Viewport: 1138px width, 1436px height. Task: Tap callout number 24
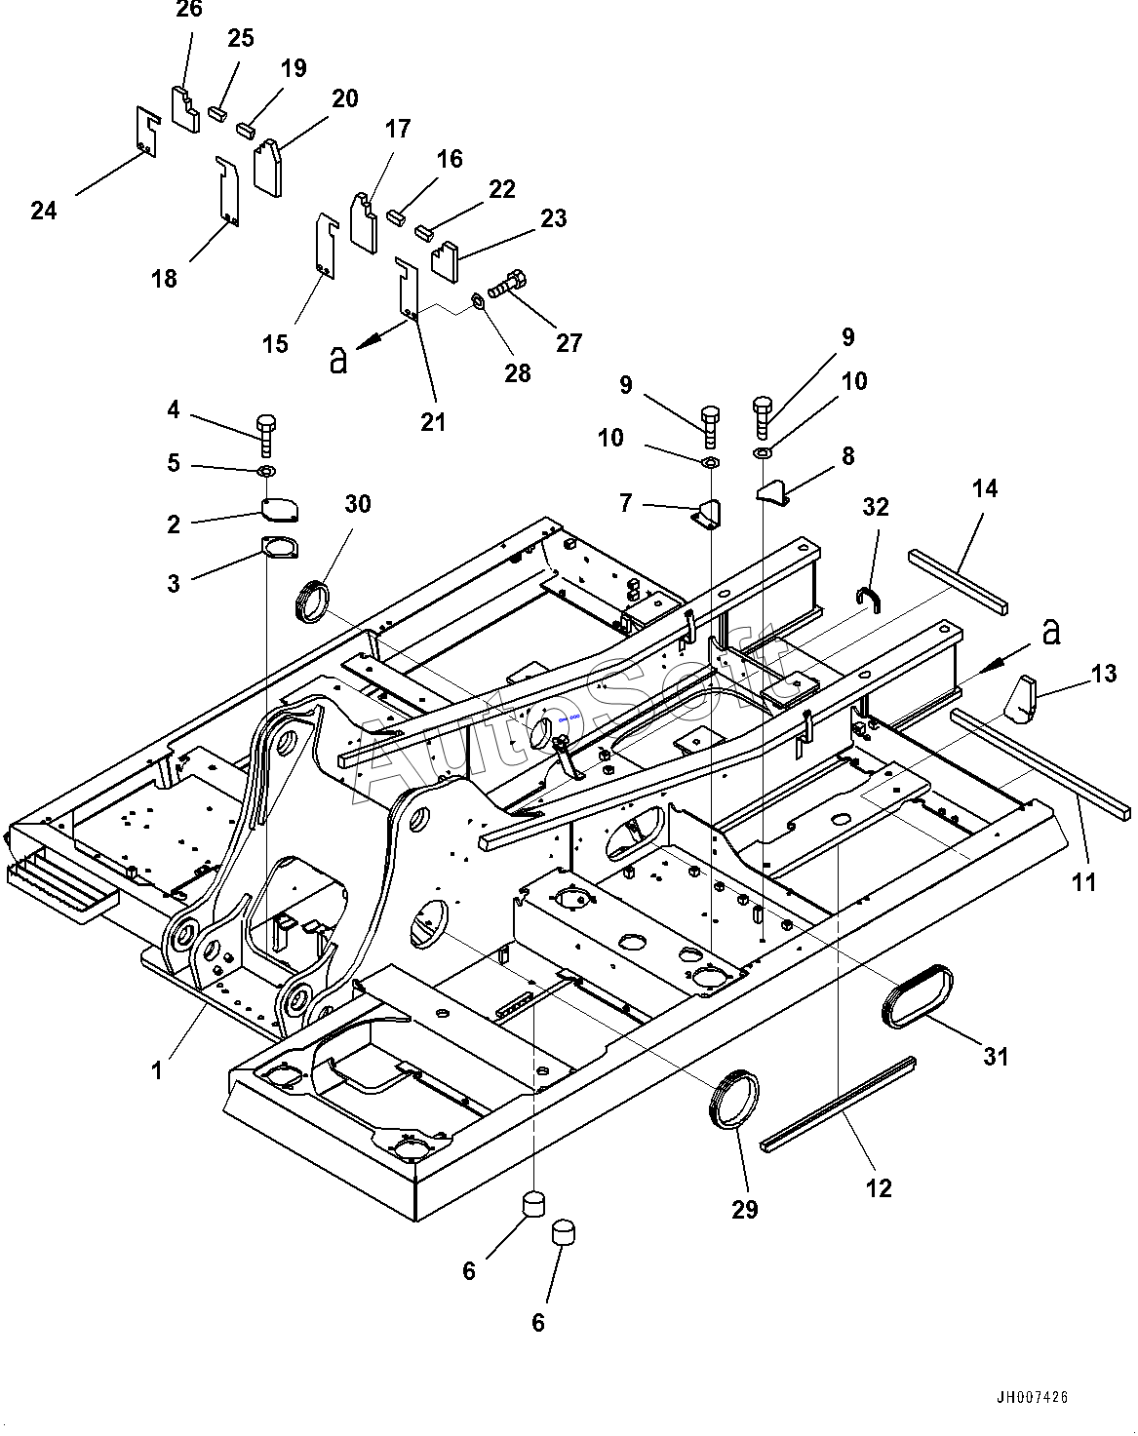tap(44, 211)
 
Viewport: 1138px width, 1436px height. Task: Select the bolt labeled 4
tap(265, 436)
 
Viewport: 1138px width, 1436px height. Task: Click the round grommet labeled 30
tap(312, 602)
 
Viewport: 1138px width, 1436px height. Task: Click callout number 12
tap(879, 1187)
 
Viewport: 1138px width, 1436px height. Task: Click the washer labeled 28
tap(478, 301)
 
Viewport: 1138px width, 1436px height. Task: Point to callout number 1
tap(158, 1070)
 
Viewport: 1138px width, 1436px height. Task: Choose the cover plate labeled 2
tap(280, 510)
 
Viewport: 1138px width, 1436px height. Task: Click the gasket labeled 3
tap(279, 547)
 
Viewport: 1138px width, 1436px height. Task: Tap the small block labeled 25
tap(216, 113)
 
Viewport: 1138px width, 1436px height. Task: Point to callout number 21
tap(433, 422)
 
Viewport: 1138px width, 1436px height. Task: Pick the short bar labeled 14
tap(958, 581)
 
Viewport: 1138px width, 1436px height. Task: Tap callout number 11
tap(1084, 882)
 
